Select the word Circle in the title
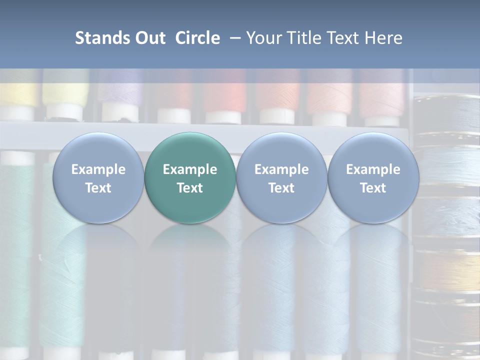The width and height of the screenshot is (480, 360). click(x=197, y=38)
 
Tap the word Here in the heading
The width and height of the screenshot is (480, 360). click(x=383, y=38)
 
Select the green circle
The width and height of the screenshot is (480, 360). click(x=190, y=178)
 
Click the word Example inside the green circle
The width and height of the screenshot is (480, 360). click(x=190, y=169)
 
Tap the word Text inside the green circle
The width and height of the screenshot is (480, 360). click(x=190, y=188)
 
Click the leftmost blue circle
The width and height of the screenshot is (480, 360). click(x=98, y=178)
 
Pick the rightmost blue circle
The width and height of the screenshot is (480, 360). click(x=373, y=178)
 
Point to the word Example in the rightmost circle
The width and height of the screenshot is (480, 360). click(x=373, y=169)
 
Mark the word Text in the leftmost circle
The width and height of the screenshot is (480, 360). click(x=98, y=188)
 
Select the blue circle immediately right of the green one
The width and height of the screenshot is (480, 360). click(x=281, y=178)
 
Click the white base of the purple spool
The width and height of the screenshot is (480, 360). click(x=120, y=113)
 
